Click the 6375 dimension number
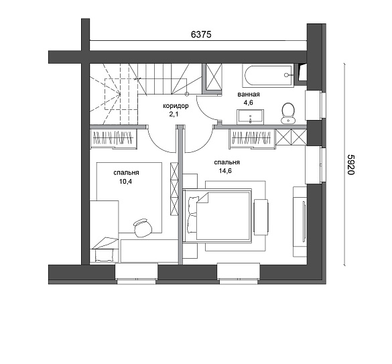click(201, 34)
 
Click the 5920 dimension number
click(351, 164)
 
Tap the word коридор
click(176, 106)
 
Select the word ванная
click(249, 95)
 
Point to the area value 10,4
click(125, 182)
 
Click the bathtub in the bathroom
click(268, 75)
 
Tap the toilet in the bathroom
click(287, 113)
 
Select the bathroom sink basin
click(250, 117)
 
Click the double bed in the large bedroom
click(217, 216)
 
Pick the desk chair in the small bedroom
click(143, 227)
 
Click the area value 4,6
click(248, 103)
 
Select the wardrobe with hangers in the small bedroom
click(113, 138)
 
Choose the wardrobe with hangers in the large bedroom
click(252, 138)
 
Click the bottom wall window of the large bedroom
click(239, 274)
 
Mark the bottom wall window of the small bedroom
click(137, 274)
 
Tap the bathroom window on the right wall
click(316, 105)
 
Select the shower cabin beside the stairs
click(212, 78)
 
